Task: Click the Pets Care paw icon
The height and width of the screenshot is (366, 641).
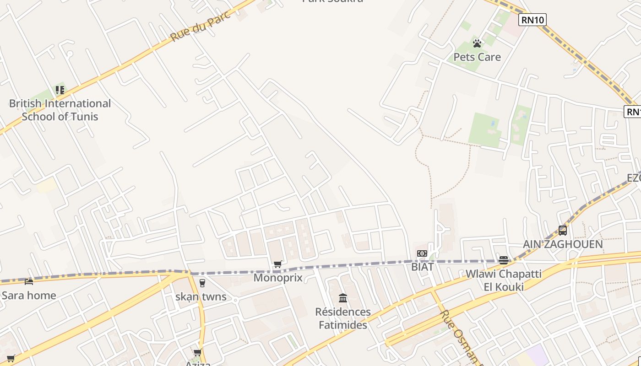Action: click(x=477, y=43)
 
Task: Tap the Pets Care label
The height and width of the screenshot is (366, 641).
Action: click(x=477, y=57)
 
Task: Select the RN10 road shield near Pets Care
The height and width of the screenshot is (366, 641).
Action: click(x=532, y=19)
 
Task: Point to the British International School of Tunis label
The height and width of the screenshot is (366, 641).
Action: click(x=60, y=110)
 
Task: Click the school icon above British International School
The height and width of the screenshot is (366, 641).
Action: click(x=60, y=90)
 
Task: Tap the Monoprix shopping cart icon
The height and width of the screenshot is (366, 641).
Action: click(x=277, y=264)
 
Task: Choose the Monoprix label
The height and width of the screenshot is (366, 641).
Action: click(x=278, y=277)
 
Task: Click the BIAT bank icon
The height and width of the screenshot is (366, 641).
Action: click(x=422, y=253)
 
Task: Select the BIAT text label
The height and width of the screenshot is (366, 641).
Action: click(x=422, y=267)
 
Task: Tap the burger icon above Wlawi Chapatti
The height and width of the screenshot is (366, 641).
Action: click(x=504, y=260)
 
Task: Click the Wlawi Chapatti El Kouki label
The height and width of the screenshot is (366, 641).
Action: click(x=504, y=280)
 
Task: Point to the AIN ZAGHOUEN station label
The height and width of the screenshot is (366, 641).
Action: click(x=563, y=244)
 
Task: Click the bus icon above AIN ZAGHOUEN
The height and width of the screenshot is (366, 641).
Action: click(x=563, y=231)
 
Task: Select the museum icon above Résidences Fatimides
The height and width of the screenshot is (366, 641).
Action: click(x=343, y=298)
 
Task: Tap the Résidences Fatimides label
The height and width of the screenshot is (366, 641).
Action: click(x=343, y=318)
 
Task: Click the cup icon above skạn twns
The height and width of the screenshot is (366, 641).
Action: click(x=202, y=283)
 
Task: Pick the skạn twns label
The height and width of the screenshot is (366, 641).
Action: click(x=201, y=296)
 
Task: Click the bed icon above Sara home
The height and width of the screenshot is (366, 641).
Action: click(x=29, y=281)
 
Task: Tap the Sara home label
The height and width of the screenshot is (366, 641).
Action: click(x=29, y=295)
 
